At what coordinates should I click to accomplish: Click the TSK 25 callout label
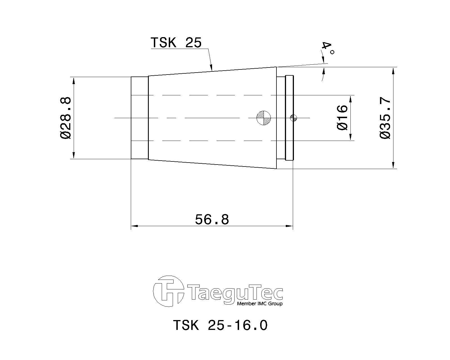(x=176, y=43)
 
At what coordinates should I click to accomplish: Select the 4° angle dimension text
(x=328, y=49)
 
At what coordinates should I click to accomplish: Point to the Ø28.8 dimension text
(x=66, y=118)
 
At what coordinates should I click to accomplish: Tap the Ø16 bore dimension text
(x=342, y=118)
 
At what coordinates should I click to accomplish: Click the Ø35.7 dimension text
(x=385, y=118)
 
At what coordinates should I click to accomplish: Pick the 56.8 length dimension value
(x=212, y=219)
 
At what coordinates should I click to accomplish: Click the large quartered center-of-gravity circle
(x=264, y=118)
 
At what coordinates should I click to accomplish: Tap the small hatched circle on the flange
(x=293, y=118)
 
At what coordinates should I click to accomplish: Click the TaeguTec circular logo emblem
(x=168, y=291)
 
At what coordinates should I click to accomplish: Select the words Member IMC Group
(x=260, y=304)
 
